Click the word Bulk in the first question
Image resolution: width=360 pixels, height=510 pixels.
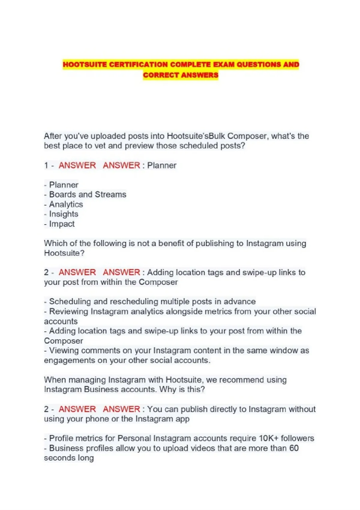pos(217,136)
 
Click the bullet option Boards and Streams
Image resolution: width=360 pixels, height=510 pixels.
pos(88,194)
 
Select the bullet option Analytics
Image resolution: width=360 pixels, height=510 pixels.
pos(66,204)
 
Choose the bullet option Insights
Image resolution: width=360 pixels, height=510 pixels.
pos(64,214)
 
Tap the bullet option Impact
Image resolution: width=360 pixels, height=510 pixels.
pos(62,224)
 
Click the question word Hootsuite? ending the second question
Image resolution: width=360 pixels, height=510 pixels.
pos(64,253)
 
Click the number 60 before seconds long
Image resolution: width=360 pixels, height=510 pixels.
pos(294,448)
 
